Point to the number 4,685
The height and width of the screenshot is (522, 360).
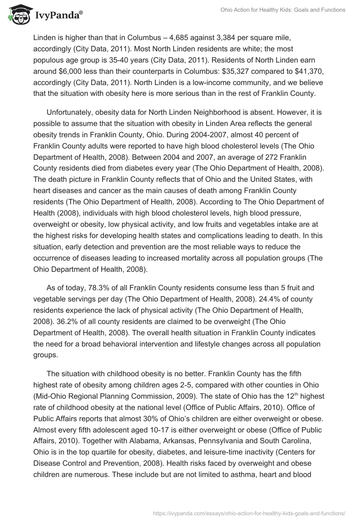tap(189, 37)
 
